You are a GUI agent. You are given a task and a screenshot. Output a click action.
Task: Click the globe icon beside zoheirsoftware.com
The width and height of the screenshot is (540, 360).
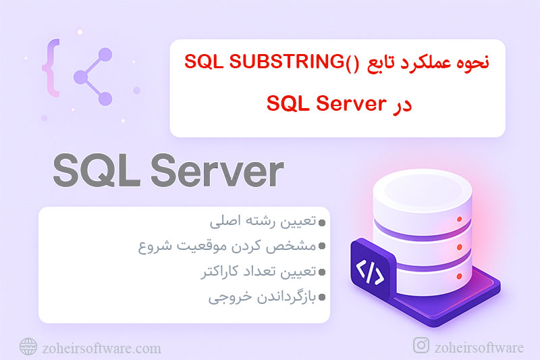[x=28, y=347]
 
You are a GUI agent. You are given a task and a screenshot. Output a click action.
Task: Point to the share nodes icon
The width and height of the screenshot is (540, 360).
[x=91, y=74]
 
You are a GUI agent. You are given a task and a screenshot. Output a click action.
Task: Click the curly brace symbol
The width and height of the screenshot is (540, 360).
[x=48, y=68]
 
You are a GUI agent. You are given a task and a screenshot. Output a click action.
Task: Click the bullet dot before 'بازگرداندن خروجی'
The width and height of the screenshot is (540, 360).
[x=322, y=297]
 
